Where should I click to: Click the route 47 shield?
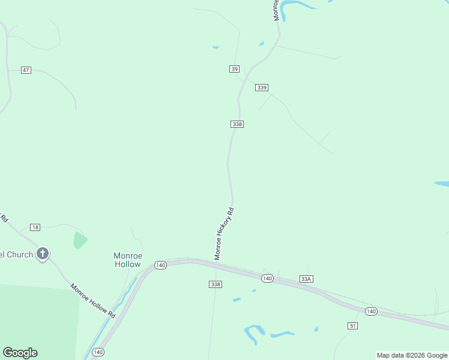click(26, 70)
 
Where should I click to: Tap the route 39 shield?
click(234, 69)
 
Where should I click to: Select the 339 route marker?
click(261, 88)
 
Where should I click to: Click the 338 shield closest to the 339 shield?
click(237, 124)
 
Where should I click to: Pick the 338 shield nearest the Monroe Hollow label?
click(215, 284)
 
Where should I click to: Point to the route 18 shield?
click(35, 227)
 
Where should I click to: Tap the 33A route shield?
click(307, 279)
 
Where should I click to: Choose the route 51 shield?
click(352, 325)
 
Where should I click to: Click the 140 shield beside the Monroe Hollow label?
click(160, 265)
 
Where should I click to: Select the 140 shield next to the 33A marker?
click(267, 278)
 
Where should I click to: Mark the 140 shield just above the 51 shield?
click(371, 311)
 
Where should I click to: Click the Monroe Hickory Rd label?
click(224, 234)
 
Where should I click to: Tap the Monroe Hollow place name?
click(127, 260)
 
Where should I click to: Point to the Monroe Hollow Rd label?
click(92, 299)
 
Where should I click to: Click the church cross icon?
click(42, 254)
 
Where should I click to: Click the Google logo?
click(20, 353)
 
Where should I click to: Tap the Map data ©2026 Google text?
click(412, 355)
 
